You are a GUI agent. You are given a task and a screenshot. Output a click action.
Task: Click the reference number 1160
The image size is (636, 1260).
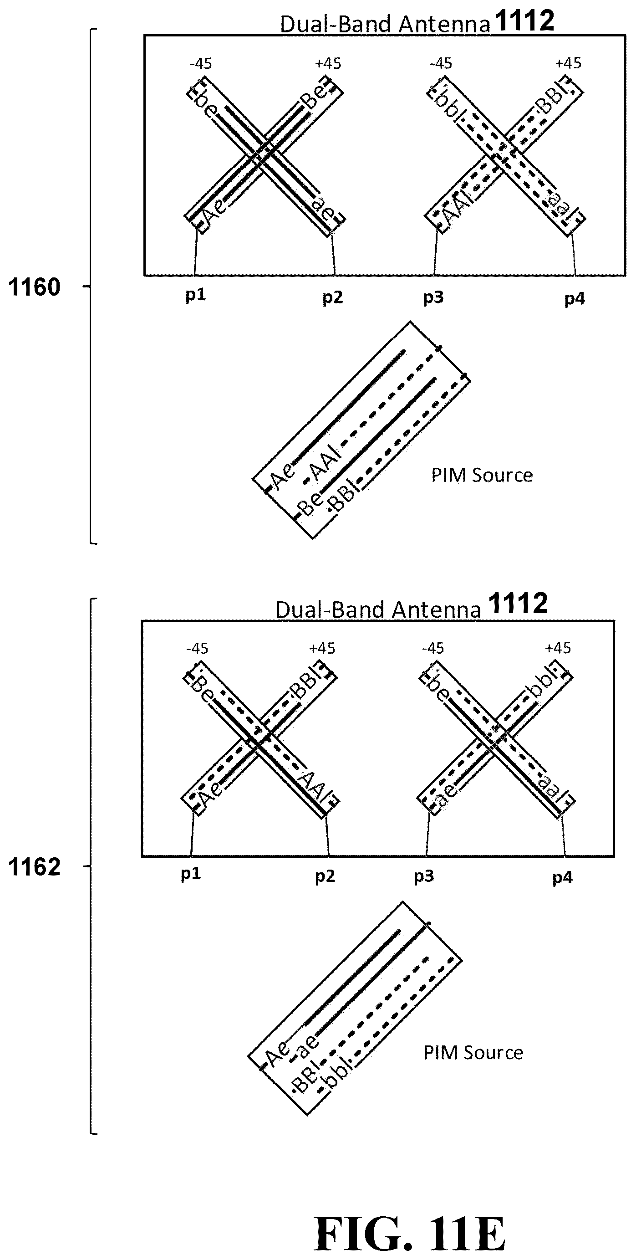[34, 287]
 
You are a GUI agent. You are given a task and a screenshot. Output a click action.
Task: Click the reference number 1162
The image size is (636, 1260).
[34, 867]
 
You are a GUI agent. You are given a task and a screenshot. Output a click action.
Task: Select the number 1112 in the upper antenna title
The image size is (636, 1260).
[524, 21]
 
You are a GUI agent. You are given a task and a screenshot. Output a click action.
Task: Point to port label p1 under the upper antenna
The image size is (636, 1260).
[196, 295]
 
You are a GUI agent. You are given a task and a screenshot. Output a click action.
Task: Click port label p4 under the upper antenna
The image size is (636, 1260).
[575, 298]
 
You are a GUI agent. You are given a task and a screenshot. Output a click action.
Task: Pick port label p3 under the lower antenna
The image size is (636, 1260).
[424, 876]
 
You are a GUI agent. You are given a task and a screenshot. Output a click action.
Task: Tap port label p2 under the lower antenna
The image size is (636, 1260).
[325, 876]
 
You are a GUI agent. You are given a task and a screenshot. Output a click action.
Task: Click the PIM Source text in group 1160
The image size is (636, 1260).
[482, 475]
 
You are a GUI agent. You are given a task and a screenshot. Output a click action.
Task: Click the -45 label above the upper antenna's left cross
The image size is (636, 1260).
[201, 64]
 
